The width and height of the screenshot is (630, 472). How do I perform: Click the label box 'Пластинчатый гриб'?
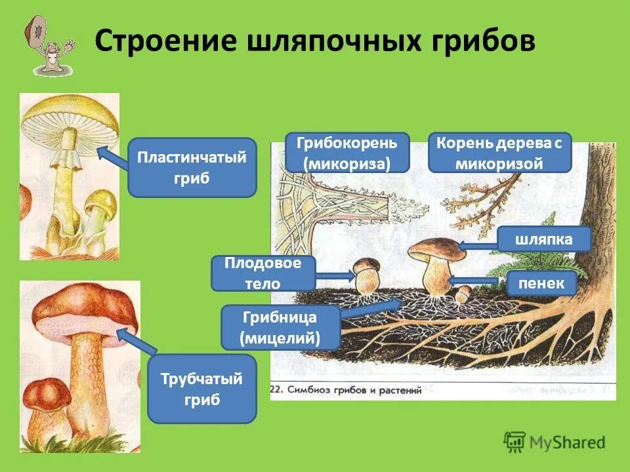192,167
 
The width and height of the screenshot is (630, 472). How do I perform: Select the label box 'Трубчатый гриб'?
201,388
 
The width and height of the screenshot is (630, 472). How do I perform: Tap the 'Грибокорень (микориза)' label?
347,152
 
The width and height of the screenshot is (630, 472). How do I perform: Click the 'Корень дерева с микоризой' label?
499,152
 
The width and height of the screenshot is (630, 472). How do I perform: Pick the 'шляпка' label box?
544,239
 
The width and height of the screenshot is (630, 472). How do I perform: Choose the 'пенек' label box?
541,283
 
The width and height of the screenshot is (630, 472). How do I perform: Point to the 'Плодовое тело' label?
262,273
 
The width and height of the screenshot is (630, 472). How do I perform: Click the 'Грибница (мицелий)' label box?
280,328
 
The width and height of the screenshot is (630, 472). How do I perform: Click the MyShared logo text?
568,442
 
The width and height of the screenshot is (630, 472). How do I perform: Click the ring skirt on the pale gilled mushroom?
66,157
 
